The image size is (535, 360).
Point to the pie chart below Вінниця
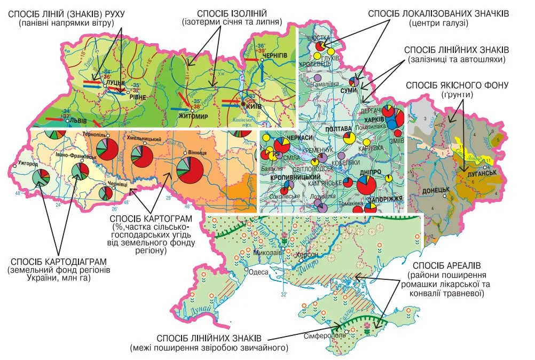190,170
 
